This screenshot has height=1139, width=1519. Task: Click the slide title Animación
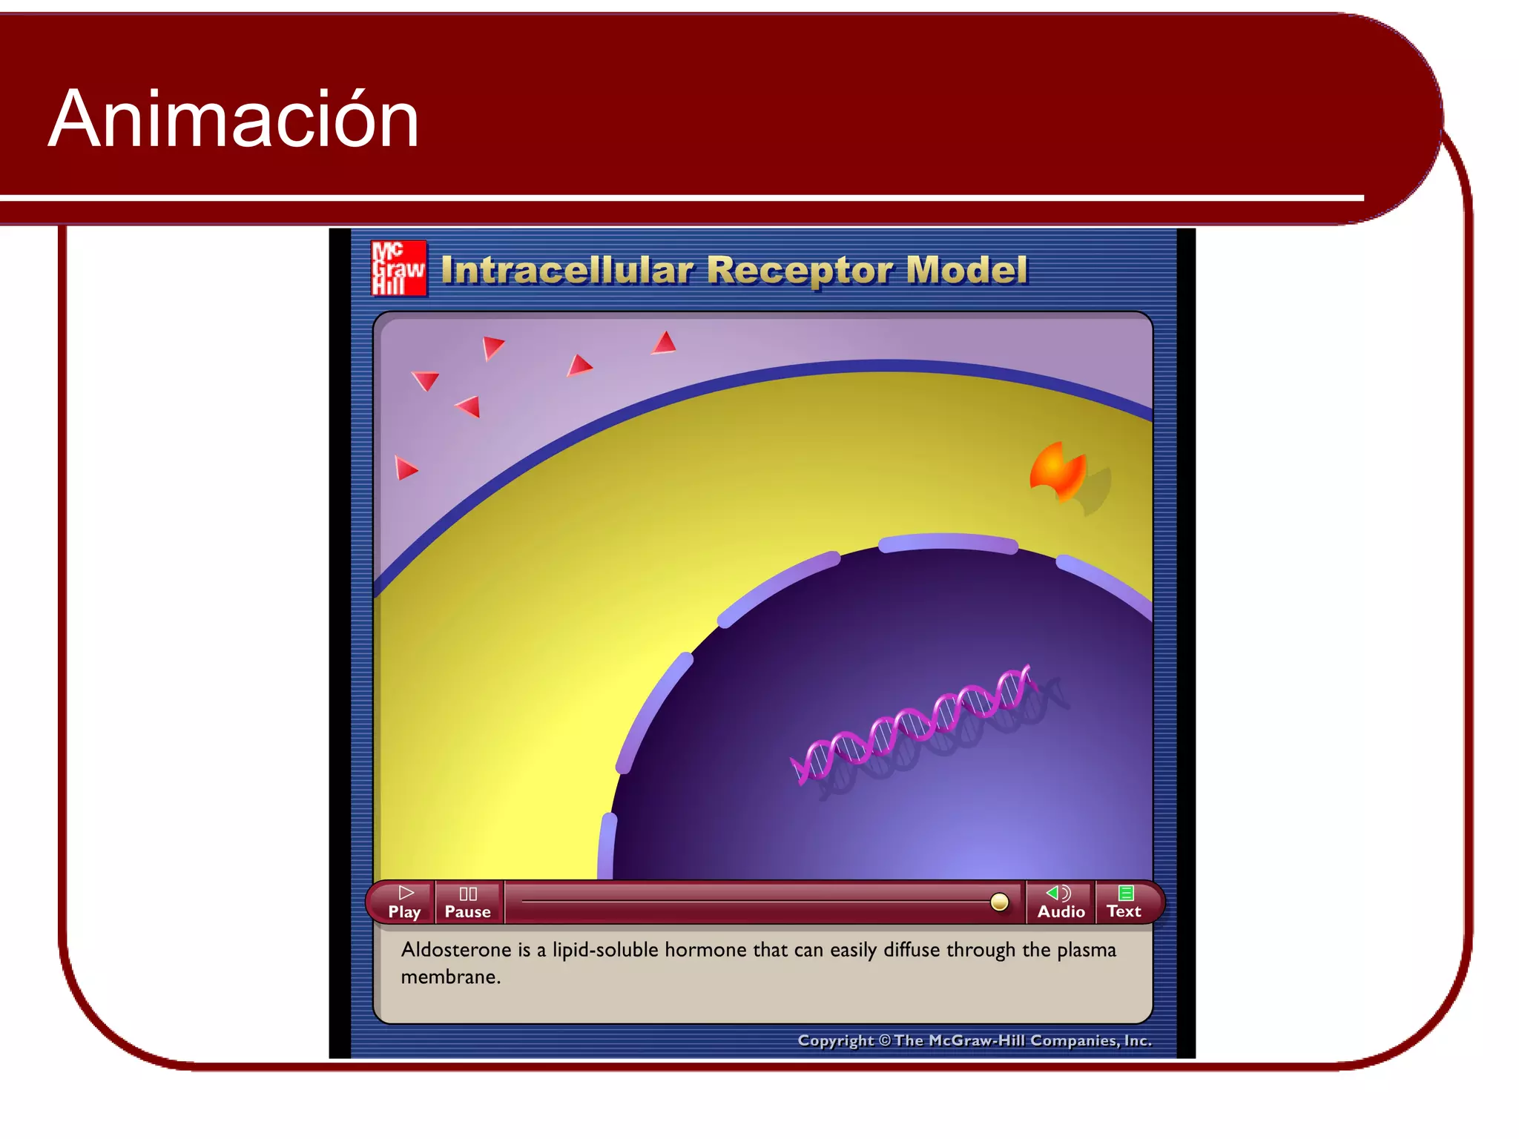234,119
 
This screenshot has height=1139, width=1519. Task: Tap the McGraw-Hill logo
398,268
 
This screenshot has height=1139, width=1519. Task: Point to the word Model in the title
967,270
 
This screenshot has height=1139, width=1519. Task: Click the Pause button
467,902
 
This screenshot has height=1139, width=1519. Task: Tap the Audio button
1061,902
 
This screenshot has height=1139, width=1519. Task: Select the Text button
1124,902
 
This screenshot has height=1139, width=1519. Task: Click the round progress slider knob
999,902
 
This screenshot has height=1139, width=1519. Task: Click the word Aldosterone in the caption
456,950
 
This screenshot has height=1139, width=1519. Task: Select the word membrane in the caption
450,977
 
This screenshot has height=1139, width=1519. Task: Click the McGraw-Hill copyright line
974,1040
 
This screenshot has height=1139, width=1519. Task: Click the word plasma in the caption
1086,950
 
